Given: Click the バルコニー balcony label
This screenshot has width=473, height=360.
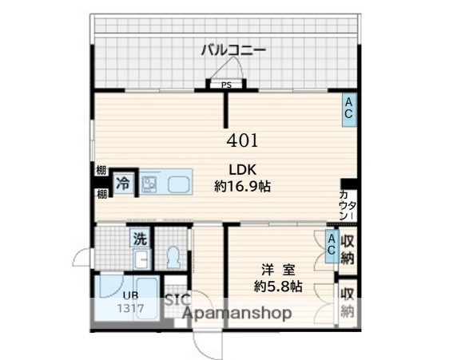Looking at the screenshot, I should point(233,50).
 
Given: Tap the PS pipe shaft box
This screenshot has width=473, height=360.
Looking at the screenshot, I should point(227,85).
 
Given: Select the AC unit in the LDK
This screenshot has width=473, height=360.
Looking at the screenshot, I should point(348,108).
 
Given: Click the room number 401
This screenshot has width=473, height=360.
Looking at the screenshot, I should point(242,141).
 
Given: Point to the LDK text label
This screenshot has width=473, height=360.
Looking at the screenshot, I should point(242,169).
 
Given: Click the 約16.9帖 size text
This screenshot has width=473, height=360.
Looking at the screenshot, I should point(242,187).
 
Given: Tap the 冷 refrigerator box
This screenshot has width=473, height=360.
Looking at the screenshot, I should point(123,183).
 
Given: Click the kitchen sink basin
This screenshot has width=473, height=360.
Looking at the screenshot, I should point(177,184).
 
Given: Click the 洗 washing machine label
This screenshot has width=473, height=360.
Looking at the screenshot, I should point(140,238).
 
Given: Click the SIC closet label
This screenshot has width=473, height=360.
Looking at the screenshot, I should point(177,300).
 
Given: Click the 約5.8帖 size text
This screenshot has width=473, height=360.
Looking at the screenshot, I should point(277,286).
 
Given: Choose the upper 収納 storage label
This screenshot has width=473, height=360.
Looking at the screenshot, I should point(348,249).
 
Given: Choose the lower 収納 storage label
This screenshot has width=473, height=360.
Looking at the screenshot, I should point(348,301).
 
